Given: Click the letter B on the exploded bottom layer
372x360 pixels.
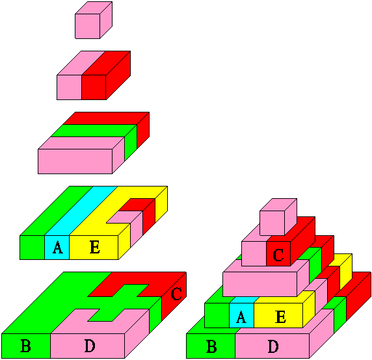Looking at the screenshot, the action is click(25, 346).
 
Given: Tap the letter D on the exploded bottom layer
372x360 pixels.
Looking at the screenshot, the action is click(90, 346).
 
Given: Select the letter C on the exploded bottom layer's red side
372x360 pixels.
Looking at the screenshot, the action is click(176, 294).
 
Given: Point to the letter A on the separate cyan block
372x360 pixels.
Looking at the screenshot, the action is click(58, 247).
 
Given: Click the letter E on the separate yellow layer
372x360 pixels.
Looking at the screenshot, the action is click(95, 247).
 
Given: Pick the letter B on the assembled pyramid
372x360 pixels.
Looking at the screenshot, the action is click(211, 346).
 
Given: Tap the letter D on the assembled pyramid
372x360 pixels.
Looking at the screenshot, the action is click(273, 346).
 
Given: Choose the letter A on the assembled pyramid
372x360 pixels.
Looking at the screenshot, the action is click(241, 317).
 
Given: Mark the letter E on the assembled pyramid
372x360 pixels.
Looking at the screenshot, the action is click(281, 317).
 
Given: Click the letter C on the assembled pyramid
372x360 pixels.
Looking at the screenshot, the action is click(278, 255).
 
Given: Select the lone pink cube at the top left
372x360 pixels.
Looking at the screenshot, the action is click(94, 20).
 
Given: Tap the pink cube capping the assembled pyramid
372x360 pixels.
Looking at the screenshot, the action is click(278, 217).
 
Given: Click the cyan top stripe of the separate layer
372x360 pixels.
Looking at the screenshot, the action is click(81, 211).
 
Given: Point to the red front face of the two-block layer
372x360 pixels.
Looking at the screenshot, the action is click(94, 87).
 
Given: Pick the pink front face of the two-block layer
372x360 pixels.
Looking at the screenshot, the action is click(69, 87).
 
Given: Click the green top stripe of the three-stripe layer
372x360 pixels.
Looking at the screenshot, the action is click(94, 131).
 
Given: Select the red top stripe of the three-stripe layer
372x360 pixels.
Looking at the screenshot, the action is click(106, 118).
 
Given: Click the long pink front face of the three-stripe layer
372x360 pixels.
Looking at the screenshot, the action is click(75, 161).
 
